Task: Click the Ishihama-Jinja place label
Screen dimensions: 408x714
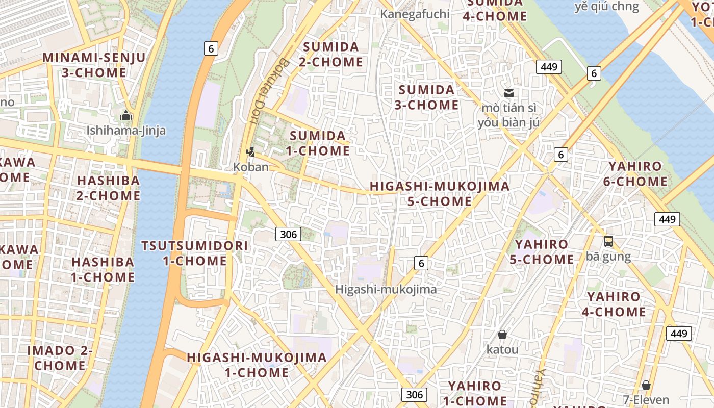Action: pos(126,131)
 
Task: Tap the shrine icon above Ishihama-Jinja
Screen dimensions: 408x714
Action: pos(126,116)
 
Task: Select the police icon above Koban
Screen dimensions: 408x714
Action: pos(250,151)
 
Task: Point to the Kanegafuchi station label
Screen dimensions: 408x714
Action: pos(415,14)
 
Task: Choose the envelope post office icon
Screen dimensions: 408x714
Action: pos(508,93)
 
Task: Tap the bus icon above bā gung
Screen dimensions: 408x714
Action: pos(608,241)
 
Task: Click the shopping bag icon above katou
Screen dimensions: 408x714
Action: pos(502,335)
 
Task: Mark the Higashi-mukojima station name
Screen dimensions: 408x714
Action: pos(386,290)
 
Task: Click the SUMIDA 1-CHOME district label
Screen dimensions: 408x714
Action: pos(318,143)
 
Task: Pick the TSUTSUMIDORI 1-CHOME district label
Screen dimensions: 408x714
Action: pos(195,253)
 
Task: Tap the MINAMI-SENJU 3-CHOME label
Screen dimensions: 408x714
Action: pos(94,65)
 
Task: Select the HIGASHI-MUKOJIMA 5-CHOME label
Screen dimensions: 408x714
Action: pos(440,194)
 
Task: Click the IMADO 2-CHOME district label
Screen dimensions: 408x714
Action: pos(60,358)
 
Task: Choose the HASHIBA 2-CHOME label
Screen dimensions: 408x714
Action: pos(108,188)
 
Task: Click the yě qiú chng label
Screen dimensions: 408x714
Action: pos(606,7)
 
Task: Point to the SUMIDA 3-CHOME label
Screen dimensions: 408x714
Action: pos(428,97)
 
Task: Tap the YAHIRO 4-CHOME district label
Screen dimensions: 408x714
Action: pos(614,304)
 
